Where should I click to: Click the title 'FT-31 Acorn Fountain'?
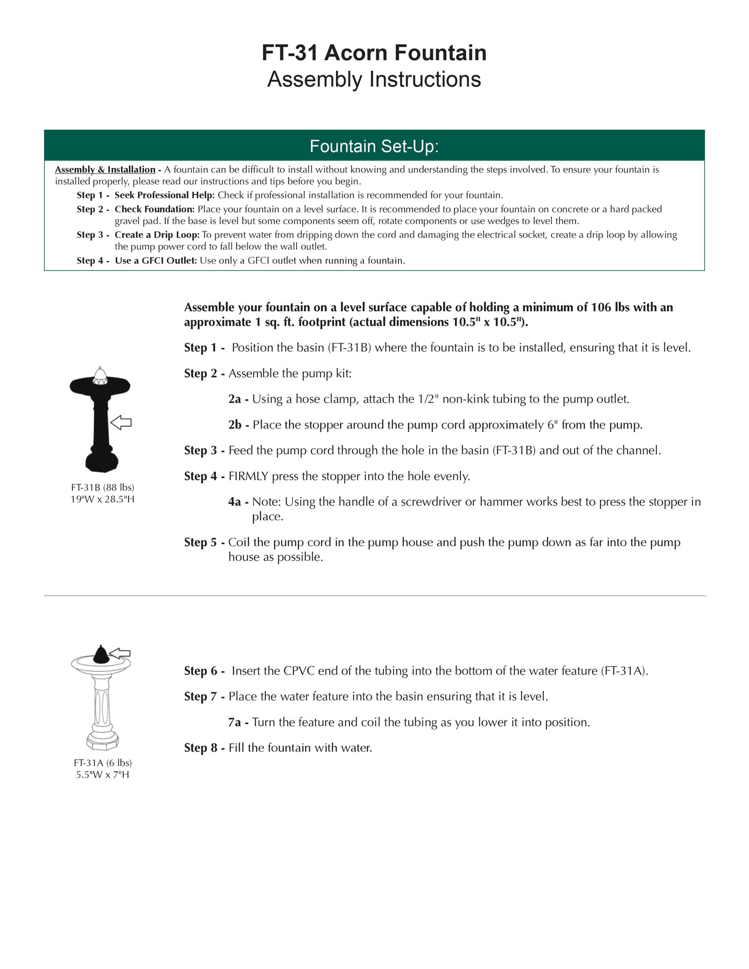pos(374,53)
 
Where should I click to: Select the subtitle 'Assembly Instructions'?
pos(374,79)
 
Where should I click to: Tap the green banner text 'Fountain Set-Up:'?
pos(374,146)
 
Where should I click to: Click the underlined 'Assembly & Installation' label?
pos(105,170)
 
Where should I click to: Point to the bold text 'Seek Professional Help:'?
pos(164,195)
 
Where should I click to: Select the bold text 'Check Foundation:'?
pos(155,209)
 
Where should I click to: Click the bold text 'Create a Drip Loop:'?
pos(157,235)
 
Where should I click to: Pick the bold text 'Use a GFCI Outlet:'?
pos(156,261)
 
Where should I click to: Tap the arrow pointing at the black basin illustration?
pos(121,423)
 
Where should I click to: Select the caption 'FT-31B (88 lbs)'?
pos(102,487)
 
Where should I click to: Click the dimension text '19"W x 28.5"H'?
pos(102,499)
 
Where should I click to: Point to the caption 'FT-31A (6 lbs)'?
pos(102,763)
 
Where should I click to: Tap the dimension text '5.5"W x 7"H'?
pos(102,775)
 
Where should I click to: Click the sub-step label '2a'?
pos(235,399)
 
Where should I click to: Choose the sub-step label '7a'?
pos(235,722)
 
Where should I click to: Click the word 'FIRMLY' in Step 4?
pos(248,476)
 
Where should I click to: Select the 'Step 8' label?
pos(201,748)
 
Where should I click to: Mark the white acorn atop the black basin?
pos(100,375)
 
